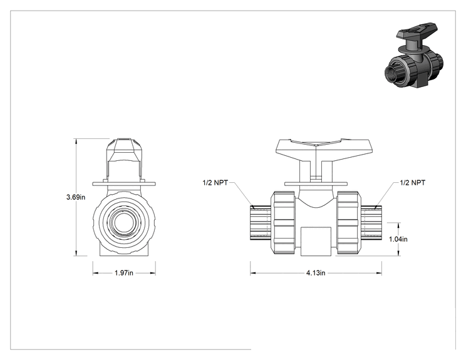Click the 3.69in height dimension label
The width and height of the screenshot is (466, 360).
[x=76, y=197]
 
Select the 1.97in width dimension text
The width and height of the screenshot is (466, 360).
[x=124, y=273]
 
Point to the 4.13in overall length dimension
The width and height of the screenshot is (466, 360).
[x=316, y=273]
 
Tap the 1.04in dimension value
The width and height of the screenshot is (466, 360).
[x=398, y=239]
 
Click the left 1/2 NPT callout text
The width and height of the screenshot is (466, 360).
[x=215, y=183]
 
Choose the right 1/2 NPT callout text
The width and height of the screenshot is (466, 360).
[x=413, y=183]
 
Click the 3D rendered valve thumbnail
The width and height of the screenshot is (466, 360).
[x=413, y=55]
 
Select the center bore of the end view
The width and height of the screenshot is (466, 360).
[x=124, y=223]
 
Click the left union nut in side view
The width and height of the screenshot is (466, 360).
[x=283, y=223]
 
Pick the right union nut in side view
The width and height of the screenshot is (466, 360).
[x=349, y=223]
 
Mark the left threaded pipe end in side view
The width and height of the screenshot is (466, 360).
[x=261, y=223]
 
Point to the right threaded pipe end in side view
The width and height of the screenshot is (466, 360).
[x=371, y=223]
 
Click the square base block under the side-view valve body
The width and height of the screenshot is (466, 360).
[x=316, y=242]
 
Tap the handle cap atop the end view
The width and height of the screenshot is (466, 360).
[x=124, y=150]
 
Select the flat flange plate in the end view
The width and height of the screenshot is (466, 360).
[x=124, y=184]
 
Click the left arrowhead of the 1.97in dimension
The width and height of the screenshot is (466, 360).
[x=95, y=273]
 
